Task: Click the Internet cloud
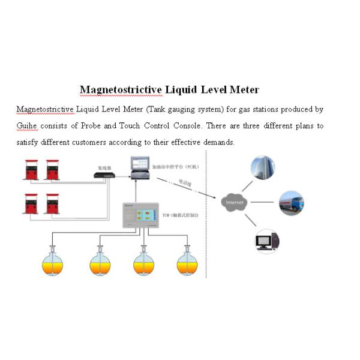[233, 203]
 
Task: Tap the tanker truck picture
[291, 203]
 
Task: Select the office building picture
[263, 168]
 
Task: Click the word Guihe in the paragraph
[26, 126]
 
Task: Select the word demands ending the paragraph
[218, 142]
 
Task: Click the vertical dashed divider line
[207, 240]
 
